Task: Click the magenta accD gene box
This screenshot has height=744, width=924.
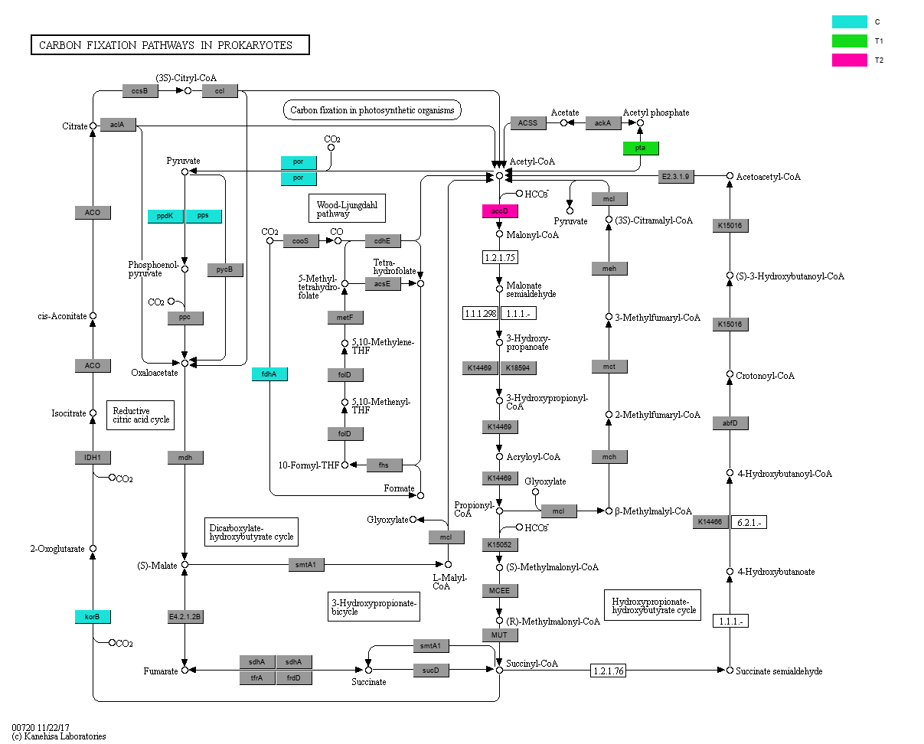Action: [500, 211]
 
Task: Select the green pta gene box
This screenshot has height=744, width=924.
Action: [640, 148]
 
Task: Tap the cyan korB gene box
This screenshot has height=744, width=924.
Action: [93, 616]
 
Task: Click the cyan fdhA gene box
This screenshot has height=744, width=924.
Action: [269, 374]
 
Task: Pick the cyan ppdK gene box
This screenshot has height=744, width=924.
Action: [165, 216]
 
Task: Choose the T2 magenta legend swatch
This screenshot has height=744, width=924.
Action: [850, 60]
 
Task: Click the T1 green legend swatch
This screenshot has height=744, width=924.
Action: [850, 41]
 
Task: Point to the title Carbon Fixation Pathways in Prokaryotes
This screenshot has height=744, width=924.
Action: [170, 45]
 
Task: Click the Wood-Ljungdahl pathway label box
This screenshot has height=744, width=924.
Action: [346, 207]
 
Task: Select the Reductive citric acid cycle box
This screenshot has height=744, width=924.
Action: [140, 415]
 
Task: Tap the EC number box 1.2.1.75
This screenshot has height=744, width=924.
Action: [500, 257]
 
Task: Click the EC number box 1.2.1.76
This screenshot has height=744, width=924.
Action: [609, 671]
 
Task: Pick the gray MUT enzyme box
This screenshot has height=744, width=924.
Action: [500, 635]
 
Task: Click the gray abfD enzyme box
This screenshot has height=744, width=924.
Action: [730, 423]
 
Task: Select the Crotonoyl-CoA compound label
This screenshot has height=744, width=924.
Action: [765, 376]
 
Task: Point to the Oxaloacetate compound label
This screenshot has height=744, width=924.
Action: [154, 373]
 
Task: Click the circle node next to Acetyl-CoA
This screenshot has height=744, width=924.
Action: [499, 175]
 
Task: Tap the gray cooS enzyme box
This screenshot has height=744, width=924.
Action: [301, 241]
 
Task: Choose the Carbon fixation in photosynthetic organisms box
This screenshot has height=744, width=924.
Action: [372, 110]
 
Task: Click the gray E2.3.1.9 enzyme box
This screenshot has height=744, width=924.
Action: [676, 177]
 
